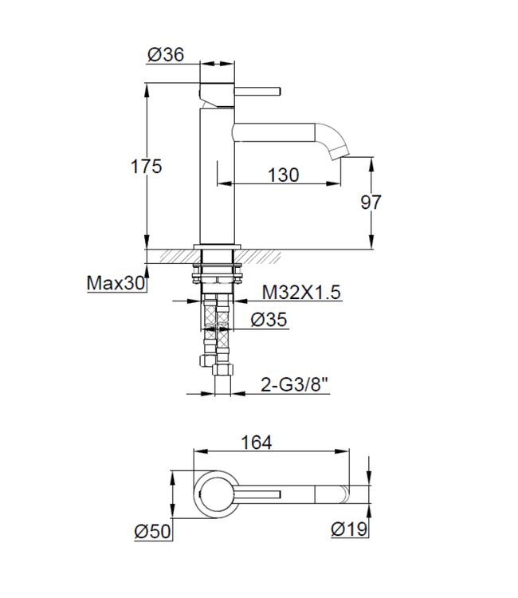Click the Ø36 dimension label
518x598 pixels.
166,54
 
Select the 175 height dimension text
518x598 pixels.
147,166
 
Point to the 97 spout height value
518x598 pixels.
371,202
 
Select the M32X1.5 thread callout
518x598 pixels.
301,293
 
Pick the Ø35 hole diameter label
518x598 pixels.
269,321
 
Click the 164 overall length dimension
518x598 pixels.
256,443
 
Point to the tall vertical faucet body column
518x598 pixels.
215,175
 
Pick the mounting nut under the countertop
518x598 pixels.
216,270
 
